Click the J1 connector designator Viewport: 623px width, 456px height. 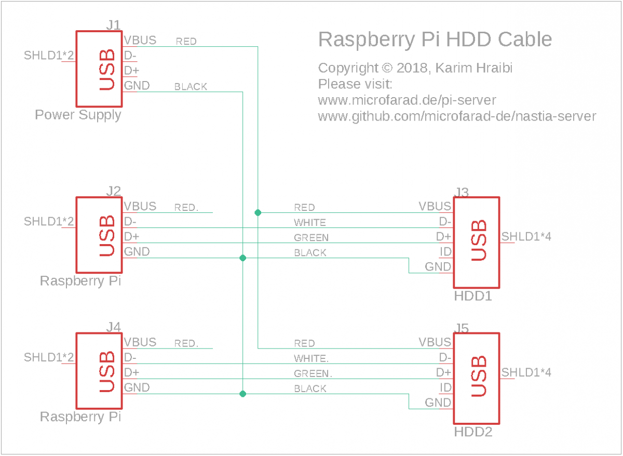[113, 24]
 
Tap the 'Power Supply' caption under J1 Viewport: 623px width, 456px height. [78, 115]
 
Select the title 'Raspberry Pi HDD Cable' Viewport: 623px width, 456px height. [435, 39]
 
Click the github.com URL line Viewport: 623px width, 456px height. [457, 116]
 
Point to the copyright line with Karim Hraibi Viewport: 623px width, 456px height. [415, 68]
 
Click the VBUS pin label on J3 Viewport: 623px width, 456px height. [435, 206]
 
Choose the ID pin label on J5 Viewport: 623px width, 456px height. [445, 387]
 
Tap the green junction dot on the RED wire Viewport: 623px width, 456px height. [258, 212]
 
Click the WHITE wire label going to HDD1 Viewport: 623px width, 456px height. [310, 223]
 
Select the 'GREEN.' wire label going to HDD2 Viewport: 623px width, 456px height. [313, 374]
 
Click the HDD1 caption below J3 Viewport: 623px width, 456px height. [472, 297]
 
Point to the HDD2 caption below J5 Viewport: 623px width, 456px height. [472, 432]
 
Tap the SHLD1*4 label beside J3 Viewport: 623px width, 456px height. [526, 237]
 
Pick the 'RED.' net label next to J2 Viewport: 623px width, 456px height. [186, 208]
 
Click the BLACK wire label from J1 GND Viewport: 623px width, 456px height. [191, 87]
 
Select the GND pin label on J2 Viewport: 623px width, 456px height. [137, 252]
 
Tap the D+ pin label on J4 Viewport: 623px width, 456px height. [131, 373]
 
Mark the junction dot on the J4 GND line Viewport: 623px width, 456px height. [242, 394]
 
